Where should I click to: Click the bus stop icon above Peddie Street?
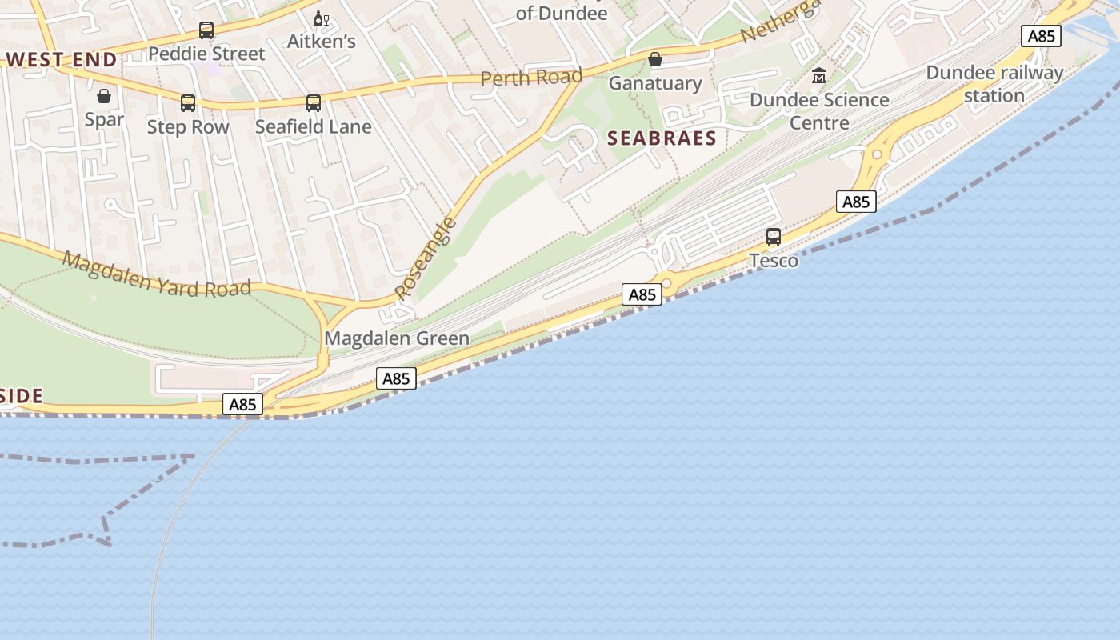pos(206,30)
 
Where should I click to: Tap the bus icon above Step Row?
pos(188,102)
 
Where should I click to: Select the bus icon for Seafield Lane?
pos(314,102)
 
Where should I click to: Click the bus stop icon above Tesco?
pos(774,236)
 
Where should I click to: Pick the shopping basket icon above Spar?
pos(104,97)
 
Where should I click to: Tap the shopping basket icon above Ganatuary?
pos(655,59)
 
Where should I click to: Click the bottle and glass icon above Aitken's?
pos(321,18)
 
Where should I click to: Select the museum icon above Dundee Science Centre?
pos(819,76)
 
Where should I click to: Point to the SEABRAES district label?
pos(662,138)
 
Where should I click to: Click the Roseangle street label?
pos(426,258)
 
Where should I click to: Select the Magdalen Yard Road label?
pos(157,274)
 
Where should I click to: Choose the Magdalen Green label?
pos(397,338)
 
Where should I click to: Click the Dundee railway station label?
pos(994,84)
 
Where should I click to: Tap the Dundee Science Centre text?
pos(819,111)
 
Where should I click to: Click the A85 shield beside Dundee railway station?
pos(1041,36)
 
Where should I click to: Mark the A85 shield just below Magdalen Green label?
pos(396,378)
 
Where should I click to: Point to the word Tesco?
pos(774,260)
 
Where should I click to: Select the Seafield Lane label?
pos(314,126)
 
